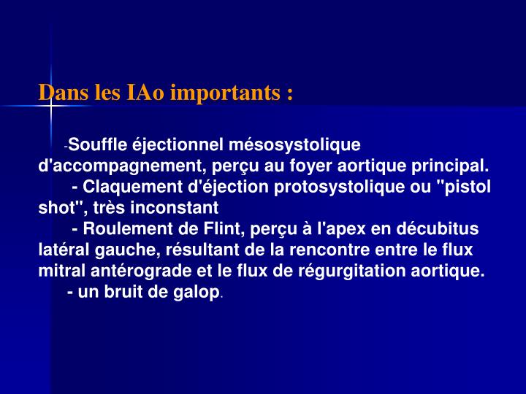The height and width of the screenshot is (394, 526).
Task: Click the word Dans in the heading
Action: (58, 93)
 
